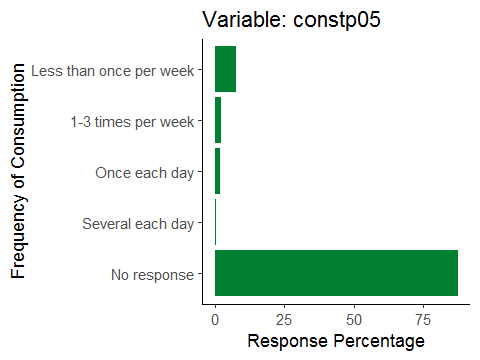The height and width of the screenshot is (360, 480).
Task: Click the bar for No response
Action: [x=336, y=273]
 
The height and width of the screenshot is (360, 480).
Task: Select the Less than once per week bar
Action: [x=225, y=69]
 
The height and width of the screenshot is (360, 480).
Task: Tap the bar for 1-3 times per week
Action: [x=218, y=120]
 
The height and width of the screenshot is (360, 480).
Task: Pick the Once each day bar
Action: [x=217, y=171]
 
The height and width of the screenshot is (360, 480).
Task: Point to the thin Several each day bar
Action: [x=216, y=222]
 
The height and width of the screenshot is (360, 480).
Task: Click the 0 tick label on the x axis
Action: [x=215, y=320]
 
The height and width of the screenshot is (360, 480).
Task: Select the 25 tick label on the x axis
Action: [x=284, y=320]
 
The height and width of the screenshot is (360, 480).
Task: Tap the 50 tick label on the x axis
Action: [x=354, y=320]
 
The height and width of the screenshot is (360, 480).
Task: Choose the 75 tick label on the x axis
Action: [x=423, y=320]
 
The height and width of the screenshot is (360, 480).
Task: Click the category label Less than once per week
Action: [x=112, y=71]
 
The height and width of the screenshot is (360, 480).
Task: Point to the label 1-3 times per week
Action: [x=132, y=122]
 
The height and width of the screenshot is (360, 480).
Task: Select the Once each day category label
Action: [x=144, y=173]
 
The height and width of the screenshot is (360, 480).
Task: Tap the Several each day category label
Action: [x=138, y=224]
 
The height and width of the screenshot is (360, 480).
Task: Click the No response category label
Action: [x=152, y=275]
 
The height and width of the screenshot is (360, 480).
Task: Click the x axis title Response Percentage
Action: [x=336, y=341]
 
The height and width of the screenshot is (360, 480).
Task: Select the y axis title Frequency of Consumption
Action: [x=18, y=171]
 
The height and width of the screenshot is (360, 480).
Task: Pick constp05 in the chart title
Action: [x=337, y=20]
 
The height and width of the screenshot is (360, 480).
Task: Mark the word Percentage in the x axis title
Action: [x=379, y=342]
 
